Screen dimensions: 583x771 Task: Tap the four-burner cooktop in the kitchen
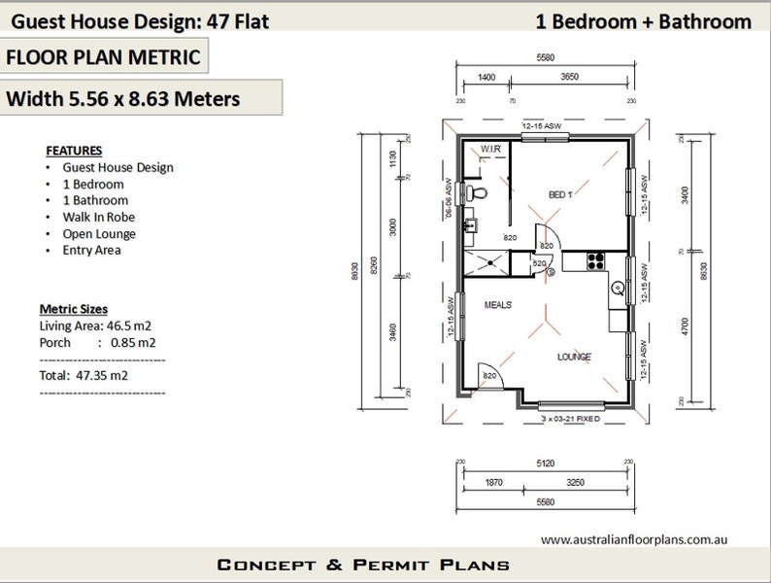596,259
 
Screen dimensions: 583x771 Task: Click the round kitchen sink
617,288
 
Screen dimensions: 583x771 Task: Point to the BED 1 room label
561,195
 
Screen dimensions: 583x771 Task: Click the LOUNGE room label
573,357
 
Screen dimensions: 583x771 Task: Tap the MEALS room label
498,305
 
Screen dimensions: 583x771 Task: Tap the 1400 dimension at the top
486,76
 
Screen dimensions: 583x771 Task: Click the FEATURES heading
74,151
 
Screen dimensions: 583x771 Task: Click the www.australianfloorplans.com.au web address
634,539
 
